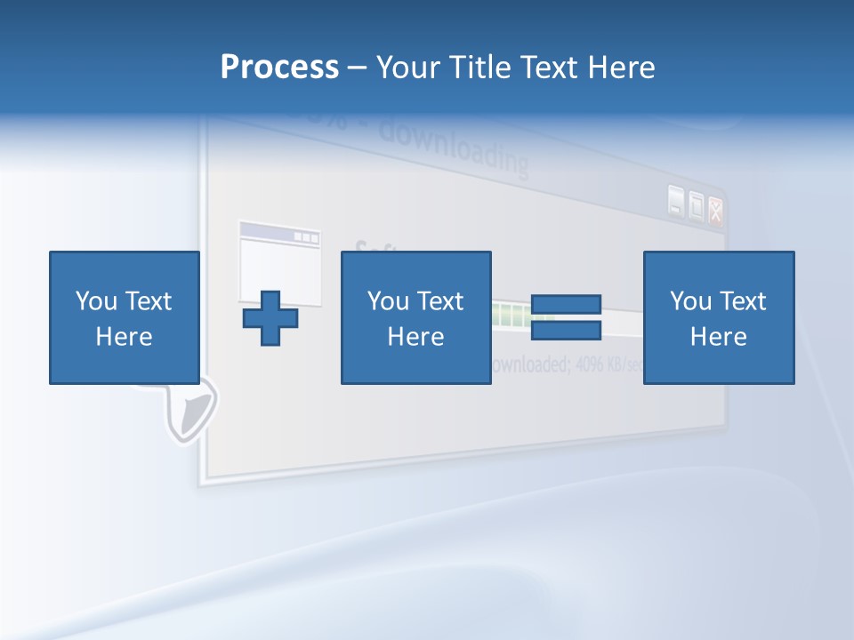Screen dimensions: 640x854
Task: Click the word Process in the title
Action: tap(279, 68)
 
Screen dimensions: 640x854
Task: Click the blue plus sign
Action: tap(270, 318)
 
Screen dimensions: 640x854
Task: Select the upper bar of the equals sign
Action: tap(566, 306)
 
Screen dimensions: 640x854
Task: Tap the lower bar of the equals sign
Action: tap(566, 331)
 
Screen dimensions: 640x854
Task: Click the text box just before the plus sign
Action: tap(125, 317)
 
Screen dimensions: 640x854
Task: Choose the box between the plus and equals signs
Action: tap(415, 317)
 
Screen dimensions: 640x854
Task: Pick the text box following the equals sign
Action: tap(719, 317)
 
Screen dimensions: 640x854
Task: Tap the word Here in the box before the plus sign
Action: tap(125, 337)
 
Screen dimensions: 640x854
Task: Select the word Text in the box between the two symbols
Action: tap(440, 301)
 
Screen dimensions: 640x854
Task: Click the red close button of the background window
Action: tap(715, 210)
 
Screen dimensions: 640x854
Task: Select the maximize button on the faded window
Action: tap(696, 206)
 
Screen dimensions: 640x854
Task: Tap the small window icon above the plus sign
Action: tap(279, 261)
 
